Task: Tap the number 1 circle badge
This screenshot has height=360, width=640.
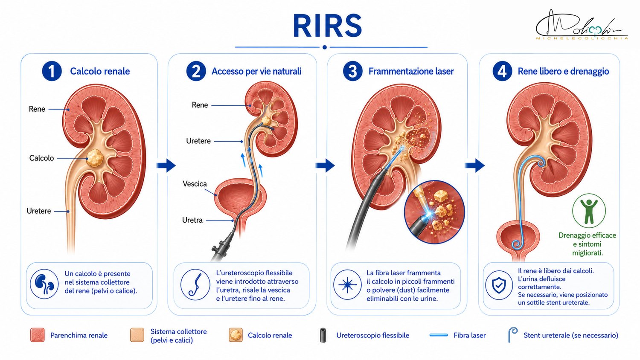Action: coord(52,71)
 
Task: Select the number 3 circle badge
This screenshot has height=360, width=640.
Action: coord(352,71)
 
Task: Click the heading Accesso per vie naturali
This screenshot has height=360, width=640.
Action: coord(256,71)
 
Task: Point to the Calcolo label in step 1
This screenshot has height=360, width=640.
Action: coord(41,158)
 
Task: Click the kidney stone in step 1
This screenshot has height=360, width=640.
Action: coord(95,158)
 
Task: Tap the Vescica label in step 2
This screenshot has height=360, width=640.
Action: coord(195,184)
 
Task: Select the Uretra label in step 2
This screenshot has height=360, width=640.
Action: coord(192,220)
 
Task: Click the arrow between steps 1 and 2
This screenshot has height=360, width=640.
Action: coord(166,165)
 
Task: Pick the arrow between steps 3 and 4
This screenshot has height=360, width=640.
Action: coord(474,165)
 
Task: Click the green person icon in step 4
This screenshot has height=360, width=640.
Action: coord(589,211)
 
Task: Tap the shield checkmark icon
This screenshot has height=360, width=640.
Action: coord(499,285)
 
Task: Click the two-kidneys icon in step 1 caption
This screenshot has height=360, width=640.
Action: coord(44,284)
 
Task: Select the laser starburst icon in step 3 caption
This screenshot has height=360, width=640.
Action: coord(347,285)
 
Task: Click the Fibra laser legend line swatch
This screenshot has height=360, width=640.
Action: coord(439,335)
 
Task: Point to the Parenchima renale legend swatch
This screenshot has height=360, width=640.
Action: coord(38,335)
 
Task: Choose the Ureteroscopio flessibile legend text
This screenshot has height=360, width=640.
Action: coord(372,335)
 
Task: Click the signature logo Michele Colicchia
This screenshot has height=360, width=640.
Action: coord(582,25)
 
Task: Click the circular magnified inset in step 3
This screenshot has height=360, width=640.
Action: coord(434,212)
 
